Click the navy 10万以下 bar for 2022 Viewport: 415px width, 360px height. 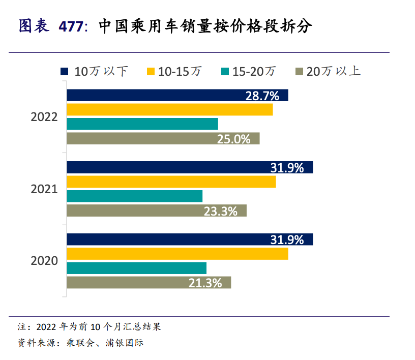pyautogui.click(x=153, y=95)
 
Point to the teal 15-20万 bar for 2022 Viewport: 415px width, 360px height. pyautogui.click(x=142, y=124)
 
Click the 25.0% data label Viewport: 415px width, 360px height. pyautogui.click(x=234, y=139)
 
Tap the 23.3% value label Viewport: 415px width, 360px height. pyautogui.click(x=221, y=211)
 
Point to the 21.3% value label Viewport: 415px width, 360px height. pyautogui.click(x=205, y=283)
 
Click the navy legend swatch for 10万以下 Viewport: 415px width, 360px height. pyautogui.click(x=64, y=71)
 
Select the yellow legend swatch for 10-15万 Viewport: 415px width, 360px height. pyautogui.click(x=150, y=71)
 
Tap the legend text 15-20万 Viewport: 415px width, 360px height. pyautogui.click(x=254, y=71)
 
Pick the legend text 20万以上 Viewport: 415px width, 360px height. pyautogui.click(x=334, y=71)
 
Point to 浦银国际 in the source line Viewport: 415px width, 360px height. pyautogui.click(x=127, y=343)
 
